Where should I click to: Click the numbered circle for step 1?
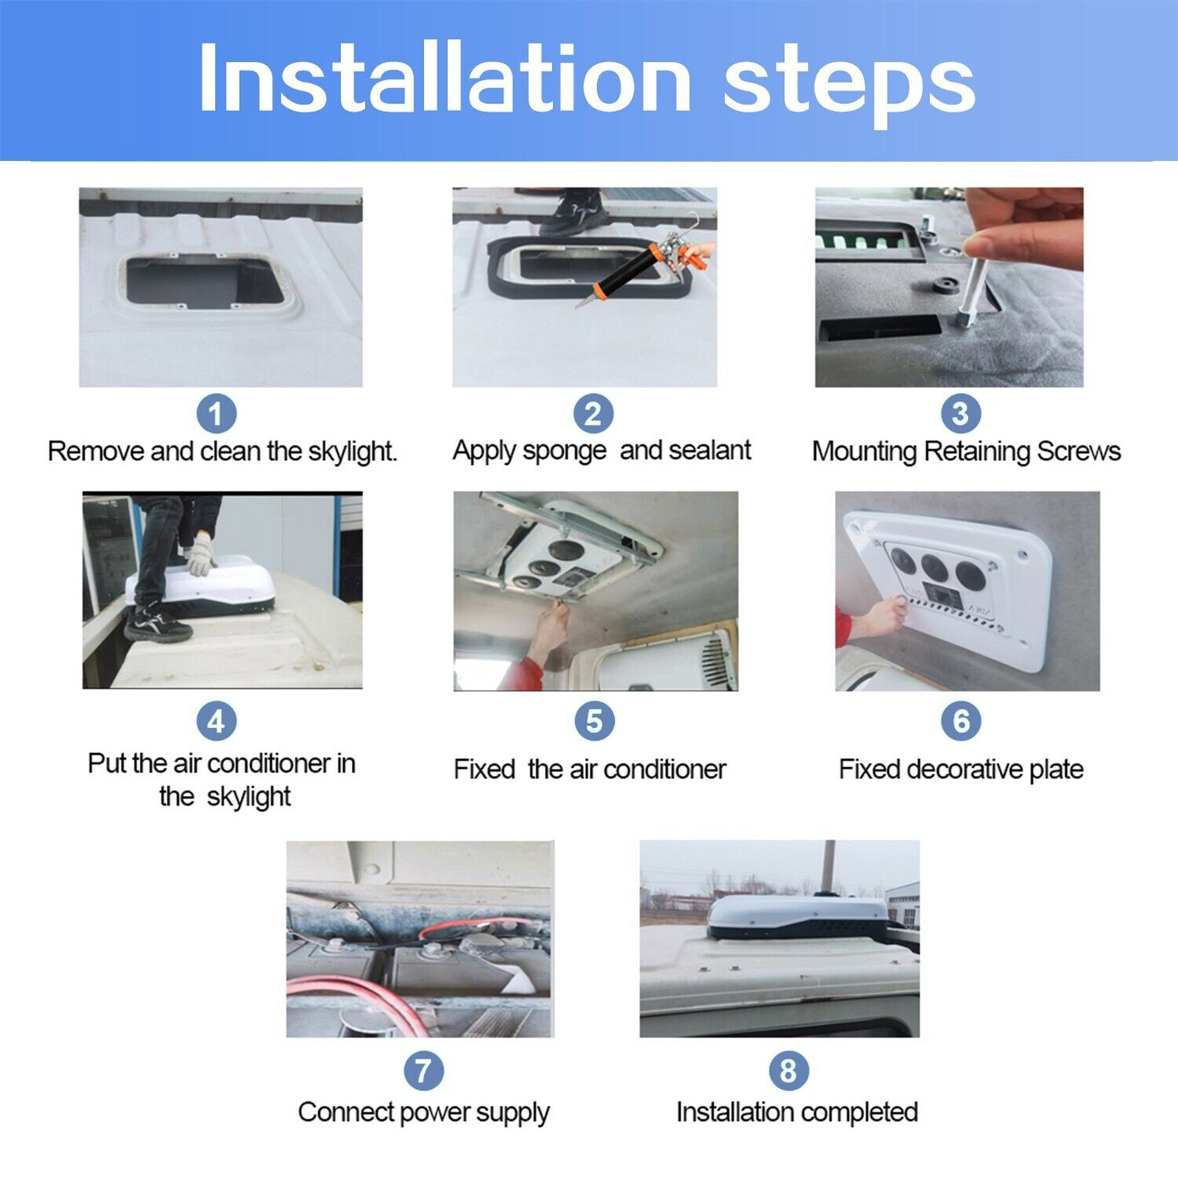pyautogui.click(x=216, y=414)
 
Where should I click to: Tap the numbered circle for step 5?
pyautogui.click(x=594, y=721)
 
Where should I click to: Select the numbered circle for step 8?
pyautogui.click(x=789, y=1071)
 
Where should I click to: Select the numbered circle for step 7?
pyautogui.click(x=423, y=1071)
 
